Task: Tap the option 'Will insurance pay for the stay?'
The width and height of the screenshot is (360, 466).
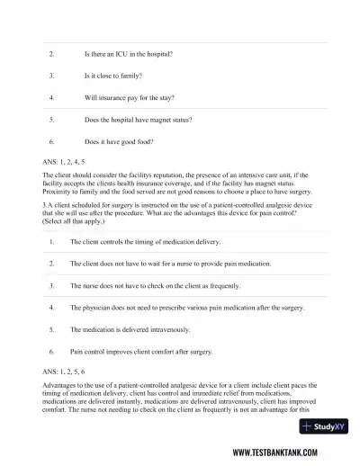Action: pyautogui.click(x=129, y=97)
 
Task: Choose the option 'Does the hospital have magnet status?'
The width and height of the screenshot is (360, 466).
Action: pyautogui.click(x=137, y=119)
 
